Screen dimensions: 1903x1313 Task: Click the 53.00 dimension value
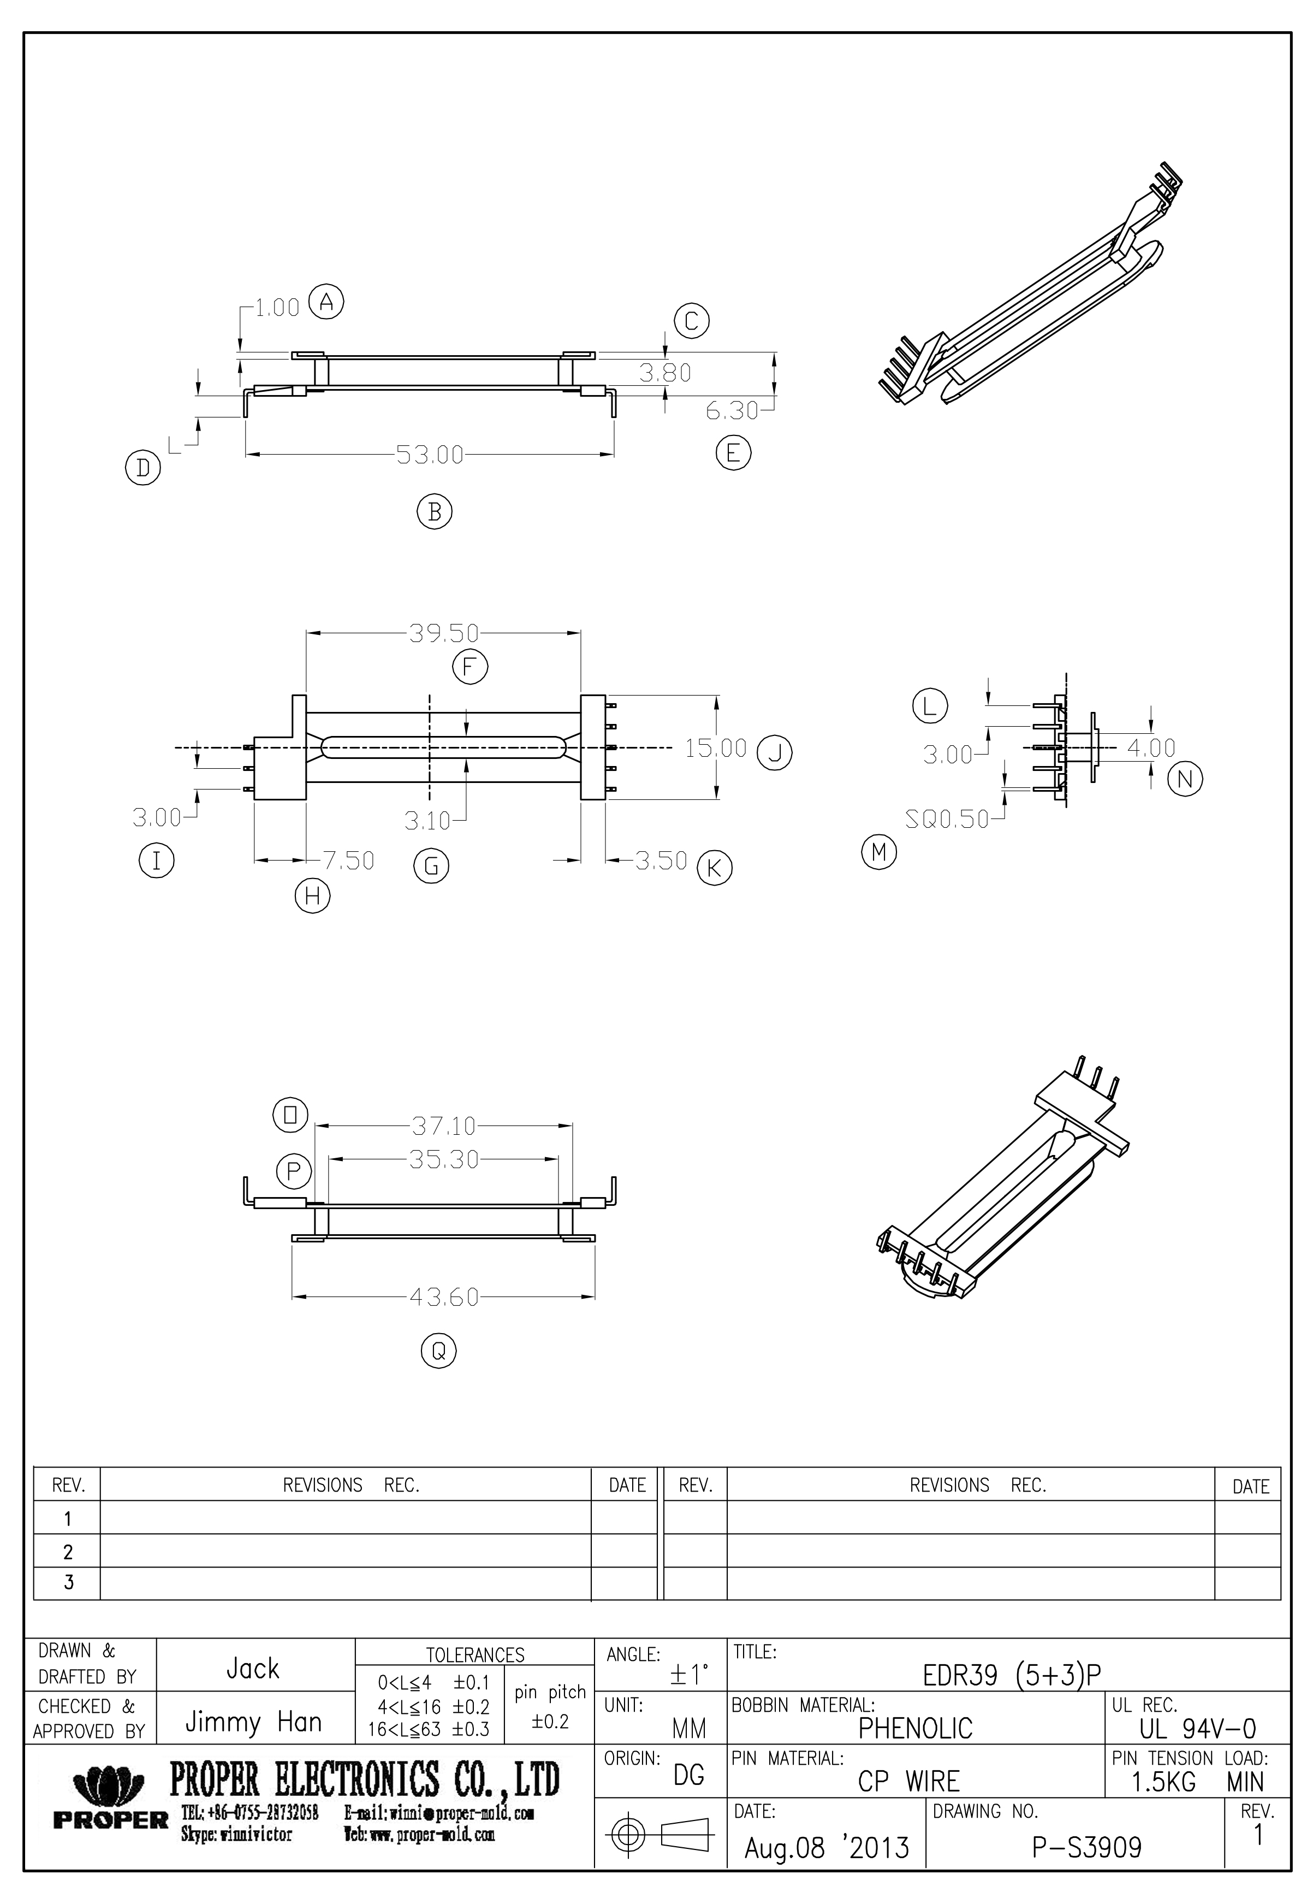pos(430,455)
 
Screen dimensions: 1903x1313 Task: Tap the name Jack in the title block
pos(253,1669)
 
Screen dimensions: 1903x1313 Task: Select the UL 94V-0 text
pos(1197,1729)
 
